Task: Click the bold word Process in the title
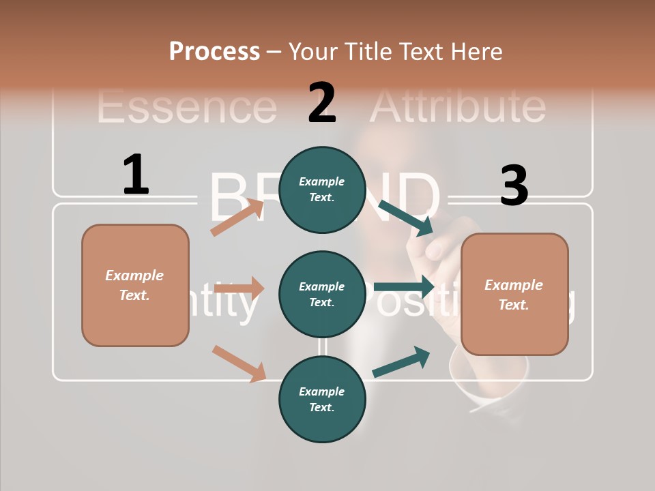pos(214,52)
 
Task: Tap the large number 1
pos(136,175)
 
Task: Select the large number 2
pos(322,103)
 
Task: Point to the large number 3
pos(514,186)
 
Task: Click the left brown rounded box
pos(135,285)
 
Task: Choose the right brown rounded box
pos(514,295)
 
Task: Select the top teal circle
pos(322,190)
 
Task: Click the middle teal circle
pos(322,294)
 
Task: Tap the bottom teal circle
pos(322,399)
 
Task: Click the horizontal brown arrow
pos(239,288)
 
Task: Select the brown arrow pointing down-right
pos(238,363)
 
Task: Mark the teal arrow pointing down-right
pos(406,218)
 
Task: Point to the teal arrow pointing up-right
pos(401,362)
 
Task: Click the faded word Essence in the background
pos(186,107)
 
